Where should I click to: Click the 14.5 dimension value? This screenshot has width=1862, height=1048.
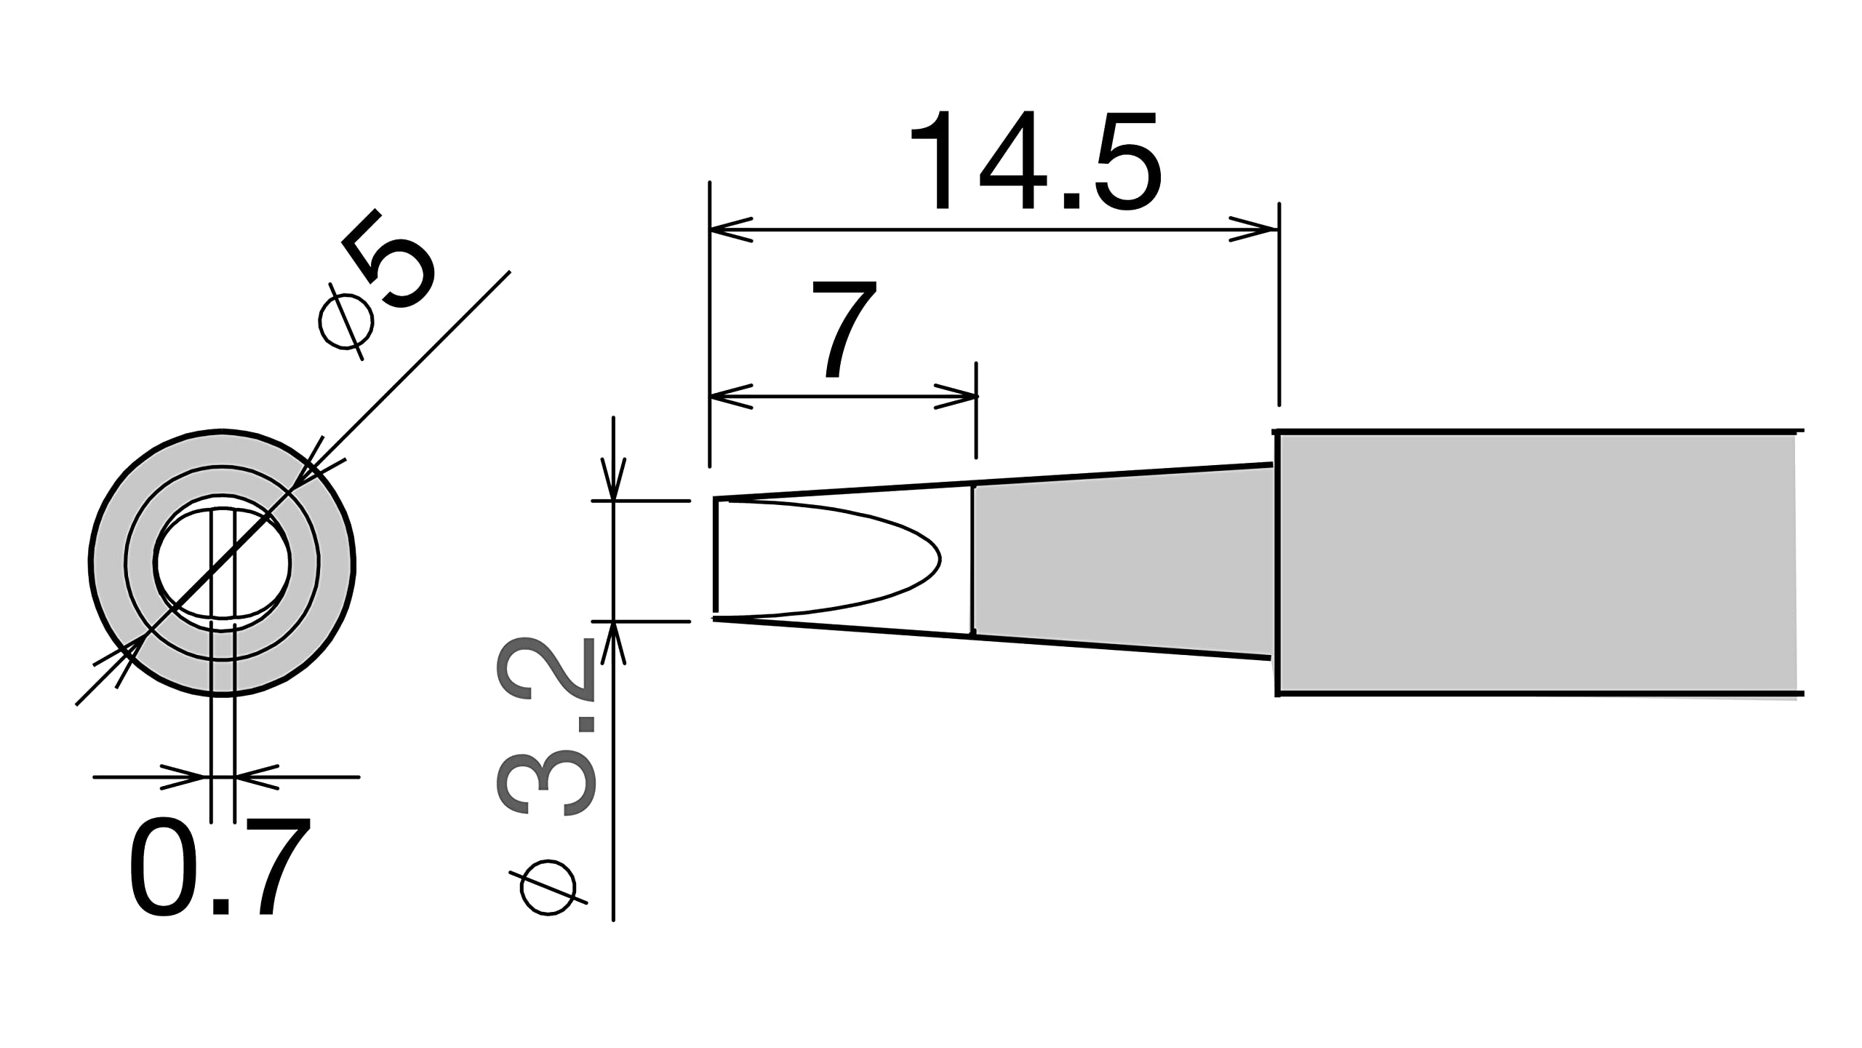coord(1035,160)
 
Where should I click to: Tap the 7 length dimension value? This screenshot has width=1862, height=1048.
coord(844,330)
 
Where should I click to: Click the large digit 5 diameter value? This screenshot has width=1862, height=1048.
coord(390,259)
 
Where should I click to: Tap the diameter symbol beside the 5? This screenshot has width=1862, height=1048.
coord(345,321)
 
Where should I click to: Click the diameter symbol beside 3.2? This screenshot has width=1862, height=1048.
coord(548,887)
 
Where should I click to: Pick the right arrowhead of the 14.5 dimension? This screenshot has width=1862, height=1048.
coord(1254,230)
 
